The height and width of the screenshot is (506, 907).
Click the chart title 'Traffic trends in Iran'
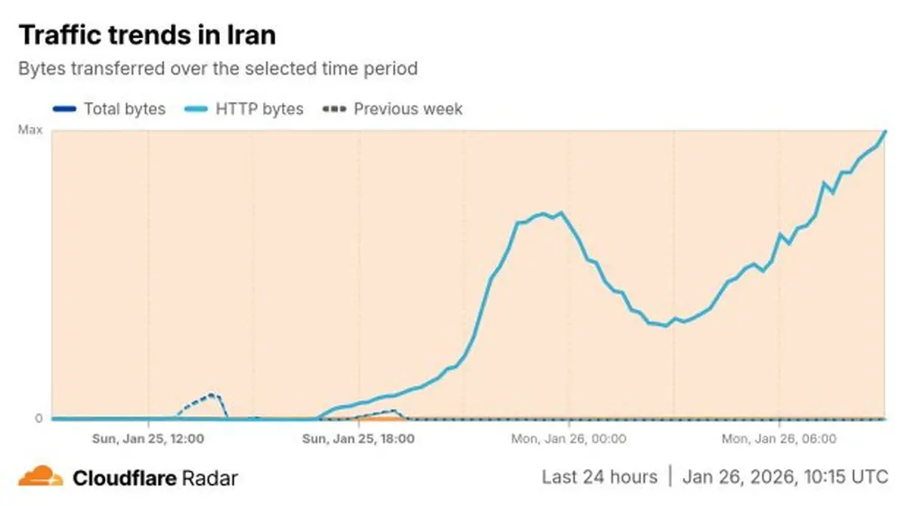pos(147,35)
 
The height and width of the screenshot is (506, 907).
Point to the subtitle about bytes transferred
pos(218,69)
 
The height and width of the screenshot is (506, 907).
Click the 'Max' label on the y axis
pos(30,131)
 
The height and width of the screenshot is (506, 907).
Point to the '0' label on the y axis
pos(39,418)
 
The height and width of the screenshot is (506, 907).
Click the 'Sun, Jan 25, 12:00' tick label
pos(148,438)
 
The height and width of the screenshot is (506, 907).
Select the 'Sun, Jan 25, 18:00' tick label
pos(358,438)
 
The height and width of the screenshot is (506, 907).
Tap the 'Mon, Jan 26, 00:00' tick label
pos(568,438)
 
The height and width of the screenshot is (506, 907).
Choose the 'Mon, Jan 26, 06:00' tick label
pos(779,438)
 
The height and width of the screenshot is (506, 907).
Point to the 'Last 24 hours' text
pos(599,477)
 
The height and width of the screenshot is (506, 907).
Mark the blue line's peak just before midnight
pos(560,213)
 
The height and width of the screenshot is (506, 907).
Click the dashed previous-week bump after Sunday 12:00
pos(212,394)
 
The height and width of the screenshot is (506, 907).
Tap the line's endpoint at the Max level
pos(885,131)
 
